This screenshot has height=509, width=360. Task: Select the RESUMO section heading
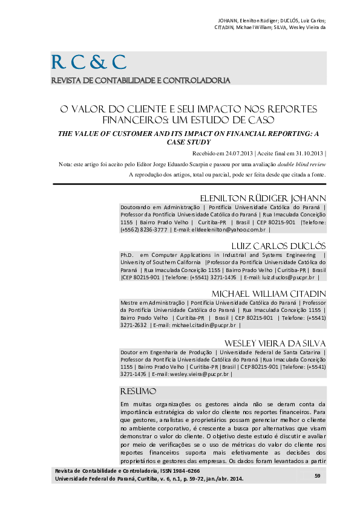click(x=139, y=391)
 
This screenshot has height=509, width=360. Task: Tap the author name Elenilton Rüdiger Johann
click(x=263, y=199)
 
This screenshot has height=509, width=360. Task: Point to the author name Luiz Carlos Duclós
click(x=270, y=246)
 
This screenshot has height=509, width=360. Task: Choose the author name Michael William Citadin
click(x=266, y=293)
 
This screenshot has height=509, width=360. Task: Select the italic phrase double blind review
click(x=303, y=164)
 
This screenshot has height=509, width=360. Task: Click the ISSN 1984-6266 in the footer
click(x=182, y=470)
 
